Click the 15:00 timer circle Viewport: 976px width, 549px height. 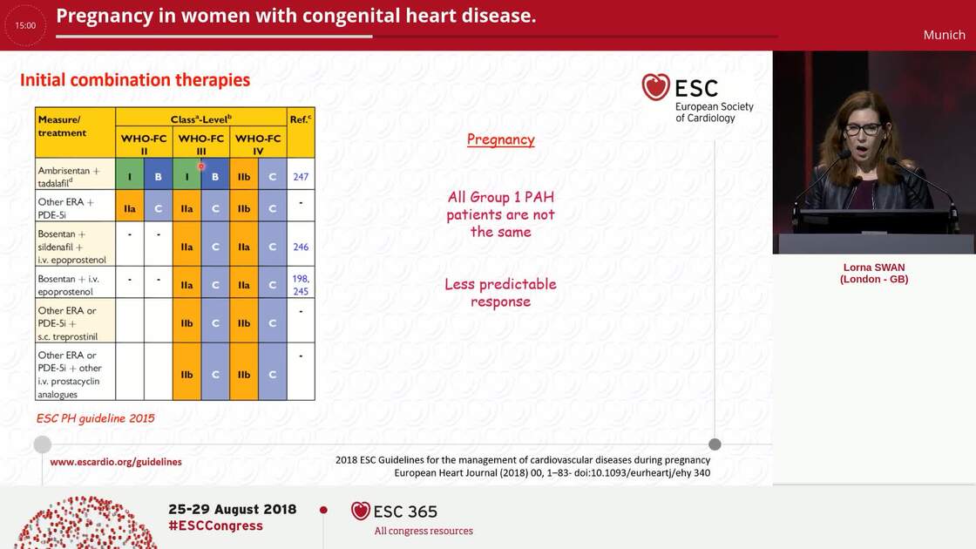25,25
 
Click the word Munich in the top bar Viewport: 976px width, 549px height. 944,35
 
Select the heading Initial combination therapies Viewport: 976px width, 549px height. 135,80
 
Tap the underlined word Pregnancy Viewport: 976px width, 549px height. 500,139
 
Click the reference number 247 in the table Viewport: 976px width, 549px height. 301,177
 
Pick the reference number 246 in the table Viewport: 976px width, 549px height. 301,247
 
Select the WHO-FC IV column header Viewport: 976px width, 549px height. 258,144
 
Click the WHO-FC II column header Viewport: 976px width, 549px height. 144,144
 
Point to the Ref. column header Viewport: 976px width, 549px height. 301,119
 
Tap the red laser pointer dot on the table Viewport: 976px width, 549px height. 201,166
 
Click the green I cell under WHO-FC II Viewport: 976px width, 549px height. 130,176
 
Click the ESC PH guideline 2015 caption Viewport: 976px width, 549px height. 96,418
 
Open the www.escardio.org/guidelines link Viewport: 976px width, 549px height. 116,462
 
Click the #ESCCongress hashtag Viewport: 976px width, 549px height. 215,525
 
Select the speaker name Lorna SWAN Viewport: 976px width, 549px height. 874,268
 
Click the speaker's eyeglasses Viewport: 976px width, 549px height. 861,129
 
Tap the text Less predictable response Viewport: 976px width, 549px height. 500,293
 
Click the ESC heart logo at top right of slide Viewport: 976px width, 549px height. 656,87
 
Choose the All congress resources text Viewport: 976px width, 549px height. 424,531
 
